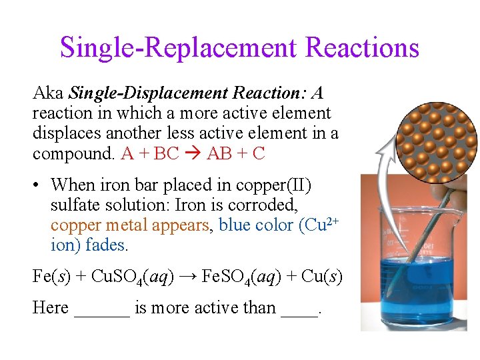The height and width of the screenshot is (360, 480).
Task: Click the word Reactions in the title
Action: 362,47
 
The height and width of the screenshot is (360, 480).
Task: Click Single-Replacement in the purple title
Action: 177,47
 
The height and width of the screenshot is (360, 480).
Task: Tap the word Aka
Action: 48,93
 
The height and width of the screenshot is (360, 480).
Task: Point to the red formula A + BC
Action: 151,153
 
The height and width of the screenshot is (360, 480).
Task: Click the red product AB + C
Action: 236,153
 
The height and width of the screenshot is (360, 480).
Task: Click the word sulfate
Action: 74,205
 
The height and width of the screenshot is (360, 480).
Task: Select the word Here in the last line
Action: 51,308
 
